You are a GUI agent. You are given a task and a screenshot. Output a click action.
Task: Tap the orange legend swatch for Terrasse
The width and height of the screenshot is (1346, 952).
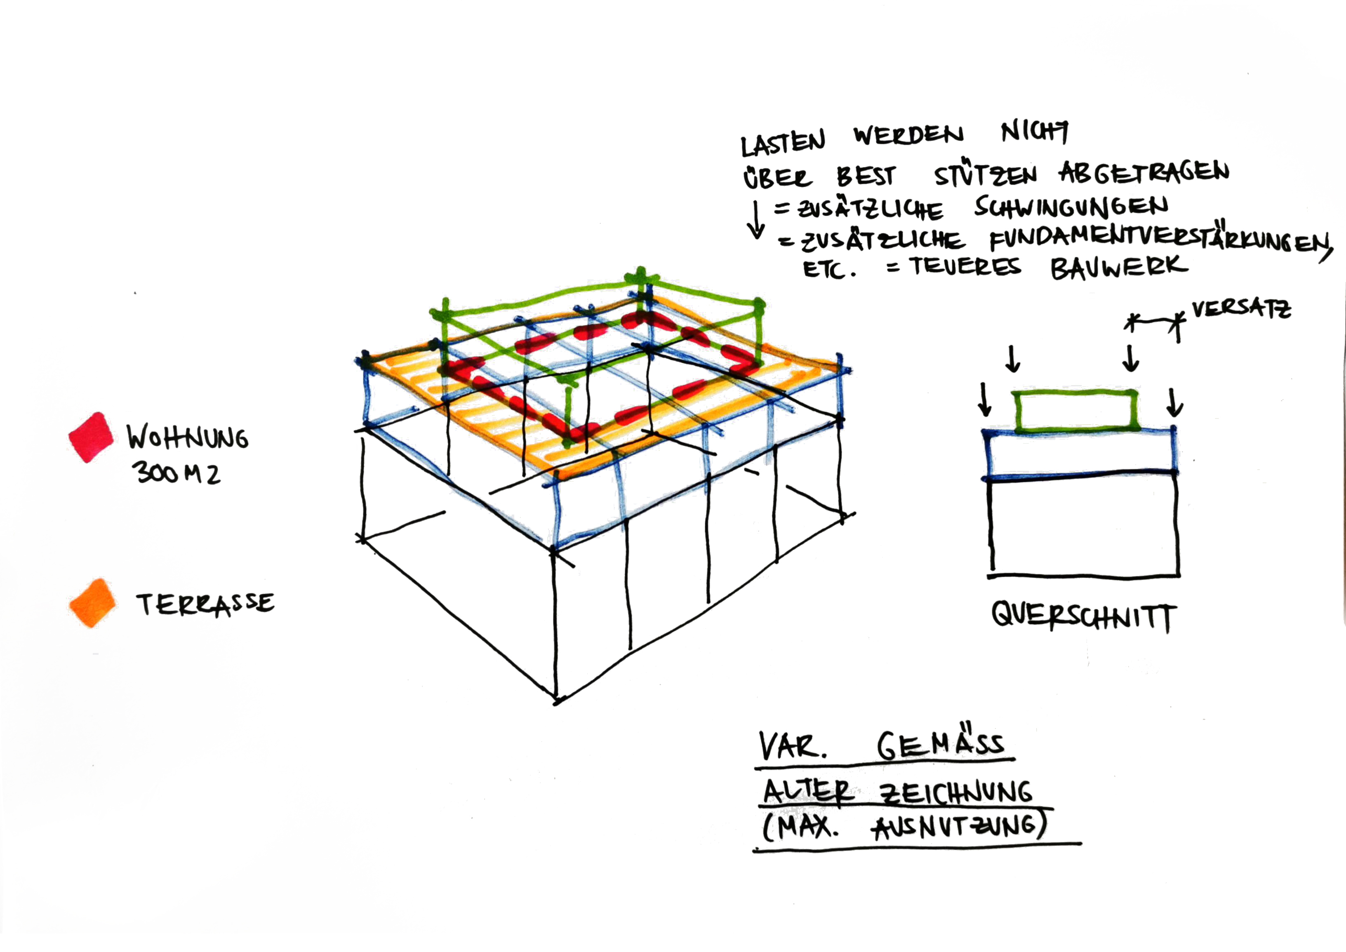click(92, 603)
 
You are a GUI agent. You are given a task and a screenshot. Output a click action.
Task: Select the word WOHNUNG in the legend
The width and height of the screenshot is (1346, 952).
click(188, 437)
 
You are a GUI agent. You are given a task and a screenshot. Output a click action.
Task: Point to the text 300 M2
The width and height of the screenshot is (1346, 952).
click(176, 472)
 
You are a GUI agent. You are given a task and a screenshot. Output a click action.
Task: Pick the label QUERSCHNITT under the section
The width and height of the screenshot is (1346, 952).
click(1083, 617)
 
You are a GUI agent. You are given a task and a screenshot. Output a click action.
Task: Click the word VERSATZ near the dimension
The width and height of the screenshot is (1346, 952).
click(1241, 309)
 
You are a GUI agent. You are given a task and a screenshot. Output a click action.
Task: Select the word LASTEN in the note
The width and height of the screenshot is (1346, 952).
click(783, 142)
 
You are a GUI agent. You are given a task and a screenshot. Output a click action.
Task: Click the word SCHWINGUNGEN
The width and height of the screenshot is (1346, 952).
click(1071, 206)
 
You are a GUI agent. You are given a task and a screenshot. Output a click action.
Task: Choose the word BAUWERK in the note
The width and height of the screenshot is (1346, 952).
click(1118, 268)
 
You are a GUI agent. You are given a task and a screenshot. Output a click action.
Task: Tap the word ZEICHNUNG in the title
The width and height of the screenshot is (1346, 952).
click(956, 792)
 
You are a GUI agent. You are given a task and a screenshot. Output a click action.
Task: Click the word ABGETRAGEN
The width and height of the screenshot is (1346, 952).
click(1144, 172)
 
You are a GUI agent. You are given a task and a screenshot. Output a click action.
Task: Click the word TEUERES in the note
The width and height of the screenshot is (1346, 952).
click(965, 267)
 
